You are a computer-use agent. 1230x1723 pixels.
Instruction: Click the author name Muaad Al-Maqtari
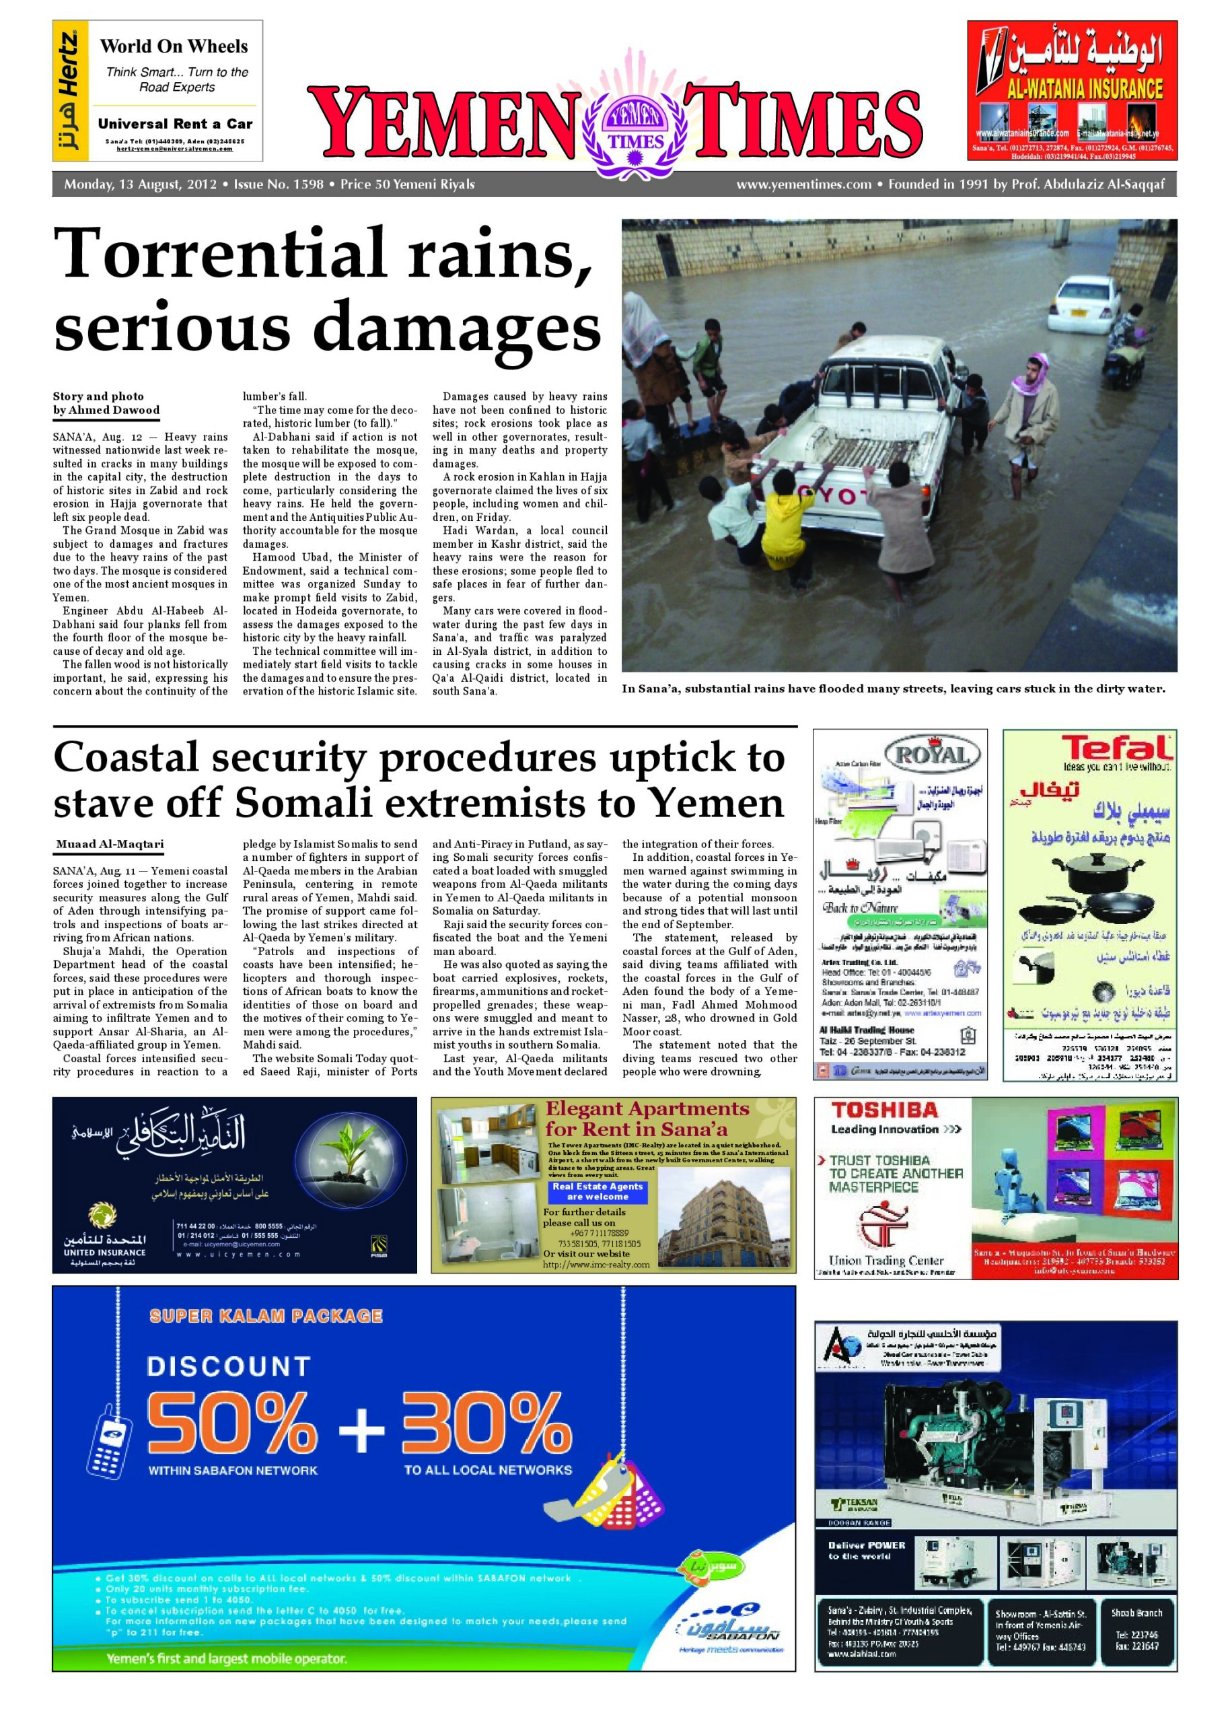[110, 845]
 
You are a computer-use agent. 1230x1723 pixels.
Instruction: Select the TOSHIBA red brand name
[885, 1111]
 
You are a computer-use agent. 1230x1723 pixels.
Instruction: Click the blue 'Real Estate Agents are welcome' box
[598, 1191]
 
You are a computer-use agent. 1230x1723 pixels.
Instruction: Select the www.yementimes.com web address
[803, 184]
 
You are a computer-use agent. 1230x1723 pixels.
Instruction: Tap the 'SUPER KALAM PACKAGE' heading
[266, 1316]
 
